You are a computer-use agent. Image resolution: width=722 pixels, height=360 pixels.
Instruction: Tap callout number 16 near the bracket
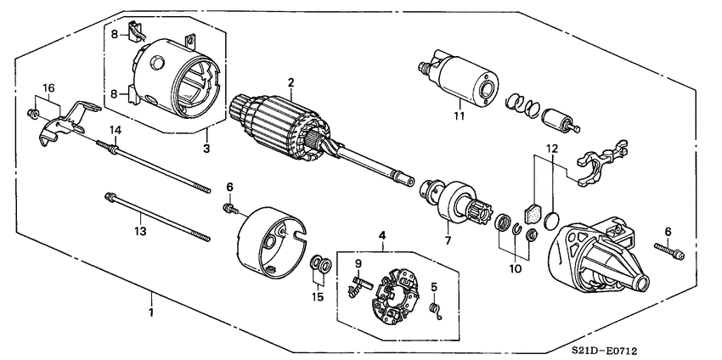pyautogui.click(x=48, y=87)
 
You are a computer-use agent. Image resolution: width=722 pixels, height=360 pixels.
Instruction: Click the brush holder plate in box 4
pyautogui.click(x=396, y=290)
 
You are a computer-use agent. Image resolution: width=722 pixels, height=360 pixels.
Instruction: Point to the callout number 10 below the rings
pyautogui.click(x=513, y=269)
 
